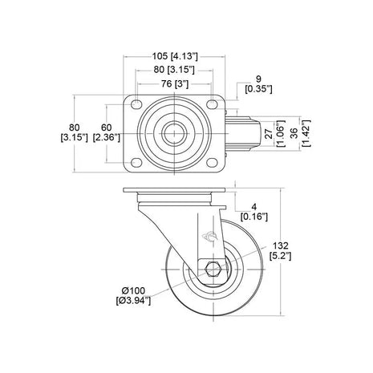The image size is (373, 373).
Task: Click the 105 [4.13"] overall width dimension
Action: [173, 56]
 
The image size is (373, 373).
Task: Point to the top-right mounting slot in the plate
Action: [213, 107]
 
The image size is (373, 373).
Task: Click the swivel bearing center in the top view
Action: [173, 132]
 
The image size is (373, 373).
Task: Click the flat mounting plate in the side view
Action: [173, 194]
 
